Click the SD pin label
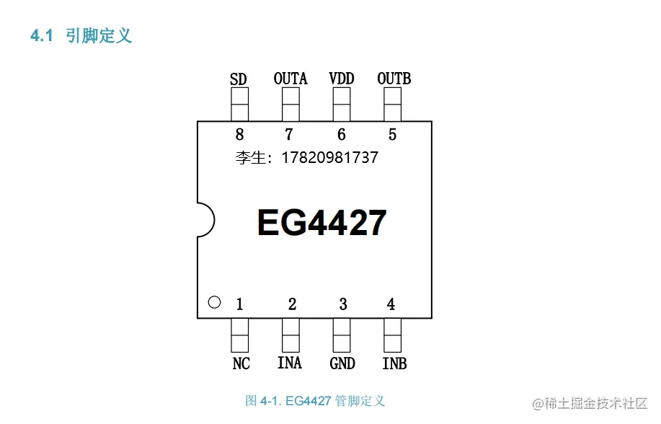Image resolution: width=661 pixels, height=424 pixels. click(x=239, y=79)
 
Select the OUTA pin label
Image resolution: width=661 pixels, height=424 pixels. click(x=290, y=78)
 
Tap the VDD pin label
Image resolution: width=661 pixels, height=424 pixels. click(x=341, y=78)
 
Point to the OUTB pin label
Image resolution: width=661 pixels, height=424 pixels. click(x=394, y=78)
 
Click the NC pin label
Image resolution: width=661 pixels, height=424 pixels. click(x=241, y=363)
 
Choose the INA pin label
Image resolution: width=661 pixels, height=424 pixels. click(x=290, y=363)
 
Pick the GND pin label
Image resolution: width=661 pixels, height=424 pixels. click(x=342, y=363)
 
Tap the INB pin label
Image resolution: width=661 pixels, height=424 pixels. click(x=394, y=363)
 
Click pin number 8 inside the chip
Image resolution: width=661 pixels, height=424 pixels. click(x=239, y=134)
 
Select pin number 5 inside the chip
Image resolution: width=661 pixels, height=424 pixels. click(x=392, y=134)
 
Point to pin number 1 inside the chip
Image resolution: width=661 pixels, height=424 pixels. click(x=240, y=304)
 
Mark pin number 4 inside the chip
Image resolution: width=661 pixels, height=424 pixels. click(x=391, y=304)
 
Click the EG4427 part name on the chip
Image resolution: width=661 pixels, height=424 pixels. click(x=321, y=223)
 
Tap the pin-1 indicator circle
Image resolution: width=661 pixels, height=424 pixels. click(x=214, y=302)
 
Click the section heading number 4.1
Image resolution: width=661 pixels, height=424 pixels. click(x=41, y=36)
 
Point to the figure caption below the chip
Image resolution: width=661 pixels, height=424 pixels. click(x=315, y=400)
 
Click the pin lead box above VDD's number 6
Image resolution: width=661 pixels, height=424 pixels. click(x=341, y=105)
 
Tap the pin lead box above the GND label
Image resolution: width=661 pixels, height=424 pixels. click(x=342, y=335)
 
